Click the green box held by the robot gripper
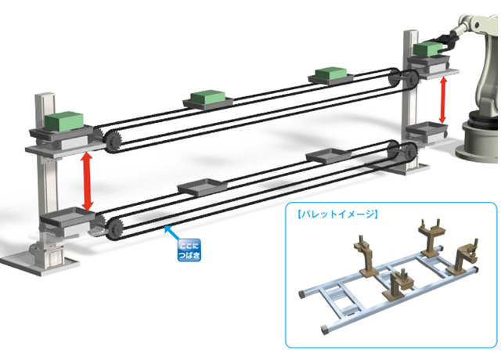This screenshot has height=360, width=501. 426,50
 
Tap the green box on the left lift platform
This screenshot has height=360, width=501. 63,123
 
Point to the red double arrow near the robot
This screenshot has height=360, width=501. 445,99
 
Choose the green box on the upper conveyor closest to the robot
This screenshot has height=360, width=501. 331,75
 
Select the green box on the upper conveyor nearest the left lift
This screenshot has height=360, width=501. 208,98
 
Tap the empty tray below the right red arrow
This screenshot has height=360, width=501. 426,130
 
